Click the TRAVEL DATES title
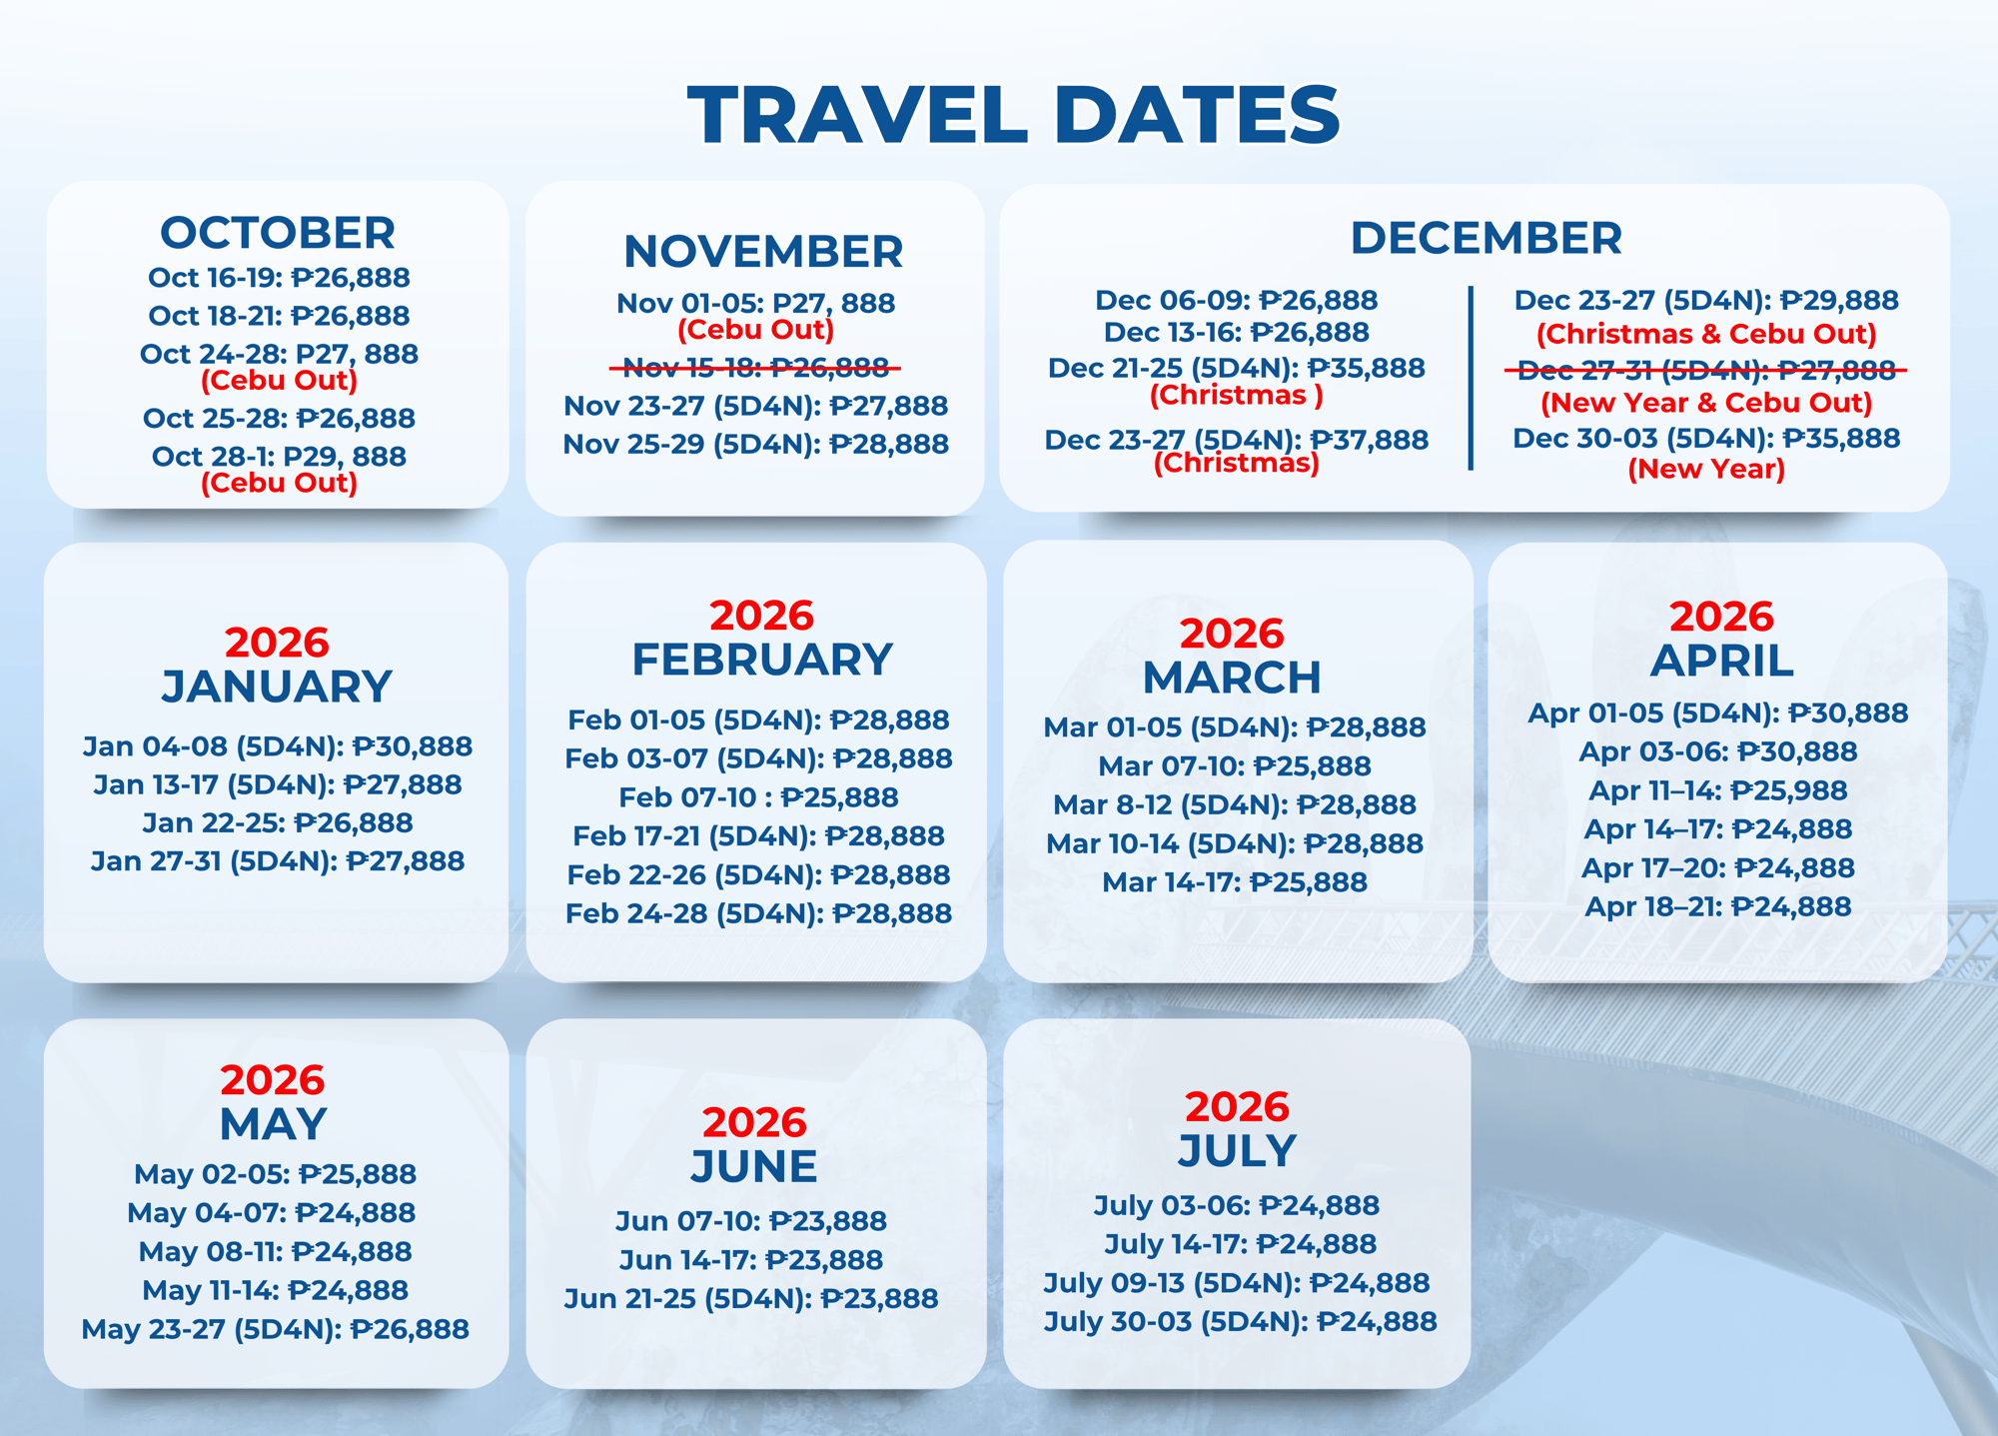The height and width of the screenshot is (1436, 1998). [1014, 115]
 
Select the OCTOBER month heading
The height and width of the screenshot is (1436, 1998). [278, 233]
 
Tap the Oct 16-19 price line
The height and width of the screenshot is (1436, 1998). [279, 278]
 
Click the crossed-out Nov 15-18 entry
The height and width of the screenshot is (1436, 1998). [755, 369]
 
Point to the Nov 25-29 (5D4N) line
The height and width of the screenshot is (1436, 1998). [756, 444]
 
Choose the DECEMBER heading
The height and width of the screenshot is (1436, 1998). [1487, 238]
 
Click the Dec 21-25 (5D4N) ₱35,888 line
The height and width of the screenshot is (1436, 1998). [1237, 368]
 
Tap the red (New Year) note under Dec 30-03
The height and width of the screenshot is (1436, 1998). [1706, 469]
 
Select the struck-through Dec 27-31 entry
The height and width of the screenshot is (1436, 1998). [1706, 371]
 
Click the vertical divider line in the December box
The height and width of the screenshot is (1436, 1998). [1471, 378]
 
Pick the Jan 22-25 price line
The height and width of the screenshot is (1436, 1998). [278, 822]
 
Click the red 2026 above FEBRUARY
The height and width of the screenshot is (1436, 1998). [762, 616]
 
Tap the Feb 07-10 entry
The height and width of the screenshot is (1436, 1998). [758, 797]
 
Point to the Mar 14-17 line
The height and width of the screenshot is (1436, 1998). [1235, 882]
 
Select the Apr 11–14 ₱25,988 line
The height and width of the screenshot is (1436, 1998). [1718, 790]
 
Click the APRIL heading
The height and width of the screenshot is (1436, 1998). [1722, 661]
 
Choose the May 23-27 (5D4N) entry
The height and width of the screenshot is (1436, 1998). [276, 1329]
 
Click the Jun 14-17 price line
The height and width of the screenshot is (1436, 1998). [751, 1260]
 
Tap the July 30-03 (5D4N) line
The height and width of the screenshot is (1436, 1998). [1241, 1321]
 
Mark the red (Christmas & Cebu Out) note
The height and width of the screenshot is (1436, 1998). [1706, 334]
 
